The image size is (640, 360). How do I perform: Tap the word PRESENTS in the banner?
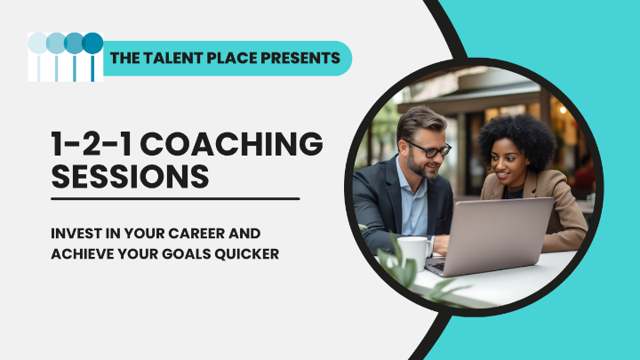point(300,58)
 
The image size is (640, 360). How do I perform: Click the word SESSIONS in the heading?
point(130,176)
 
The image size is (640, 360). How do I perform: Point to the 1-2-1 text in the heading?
point(92,144)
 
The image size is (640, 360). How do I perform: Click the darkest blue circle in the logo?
point(92,44)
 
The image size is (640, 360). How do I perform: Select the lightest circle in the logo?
point(38,44)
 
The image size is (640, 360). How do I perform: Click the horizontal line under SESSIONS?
point(175,199)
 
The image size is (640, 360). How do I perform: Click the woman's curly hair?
point(518,139)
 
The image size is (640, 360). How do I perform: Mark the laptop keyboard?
point(437,266)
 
